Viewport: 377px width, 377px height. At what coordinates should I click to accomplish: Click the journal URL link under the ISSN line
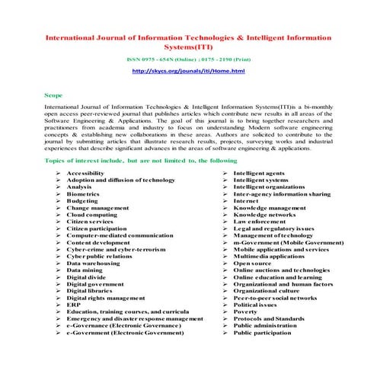[188, 71]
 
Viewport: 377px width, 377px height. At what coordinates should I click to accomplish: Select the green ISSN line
[188, 58]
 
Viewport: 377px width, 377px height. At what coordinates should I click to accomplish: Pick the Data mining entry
[84, 270]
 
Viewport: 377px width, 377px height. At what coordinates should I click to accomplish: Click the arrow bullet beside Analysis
[58, 187]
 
